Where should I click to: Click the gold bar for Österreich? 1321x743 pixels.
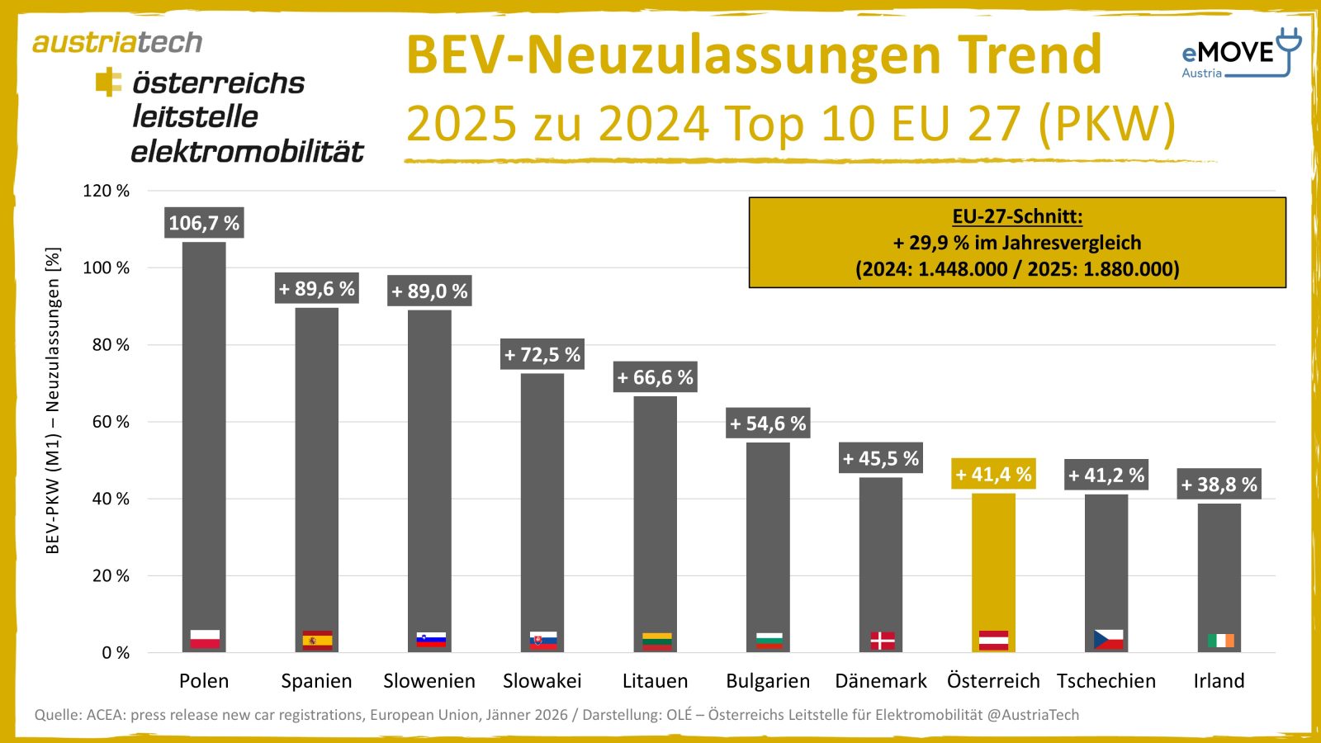click(x=993, y=570)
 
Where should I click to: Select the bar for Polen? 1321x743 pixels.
click(x=204, y=446)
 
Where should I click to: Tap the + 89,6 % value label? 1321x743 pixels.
click(x=317, y=289)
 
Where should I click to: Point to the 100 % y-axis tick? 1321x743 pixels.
click(x=107, y=267)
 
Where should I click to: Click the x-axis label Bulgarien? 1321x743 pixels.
click(x=768, y=681)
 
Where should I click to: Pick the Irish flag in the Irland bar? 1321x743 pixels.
click(x=1219, y=641)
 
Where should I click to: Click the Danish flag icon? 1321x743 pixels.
click(x=882, y=641)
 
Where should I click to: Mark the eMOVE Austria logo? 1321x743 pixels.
click(x=1239, y=54)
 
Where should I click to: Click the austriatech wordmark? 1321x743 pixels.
click(x=117, y=42)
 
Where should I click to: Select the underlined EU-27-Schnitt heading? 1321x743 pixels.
click(x=1017, y=216)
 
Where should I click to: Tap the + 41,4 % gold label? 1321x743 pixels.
click(x=993, y=475)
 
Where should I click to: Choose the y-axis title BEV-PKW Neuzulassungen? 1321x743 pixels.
click(x=53, y=400)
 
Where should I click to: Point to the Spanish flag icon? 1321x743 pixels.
click(x=317, y=641)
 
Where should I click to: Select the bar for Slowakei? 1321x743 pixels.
click(x=542, y=512)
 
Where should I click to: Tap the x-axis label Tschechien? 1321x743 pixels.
click(x=1106, y=681)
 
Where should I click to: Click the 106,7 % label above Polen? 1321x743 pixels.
click(x=204, y=223)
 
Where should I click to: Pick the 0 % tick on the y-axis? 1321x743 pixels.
click(x=116, y=653)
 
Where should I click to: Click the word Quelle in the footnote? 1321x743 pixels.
click(x=58, y=715)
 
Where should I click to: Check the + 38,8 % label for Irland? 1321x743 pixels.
click(x=1219, y=485)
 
